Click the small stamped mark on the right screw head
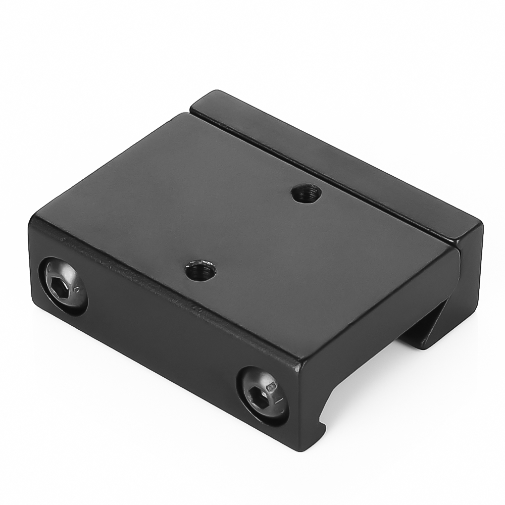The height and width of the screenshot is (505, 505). click(x=272, y=388)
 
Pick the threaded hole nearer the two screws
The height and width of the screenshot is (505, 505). click(x=200, y=271)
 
